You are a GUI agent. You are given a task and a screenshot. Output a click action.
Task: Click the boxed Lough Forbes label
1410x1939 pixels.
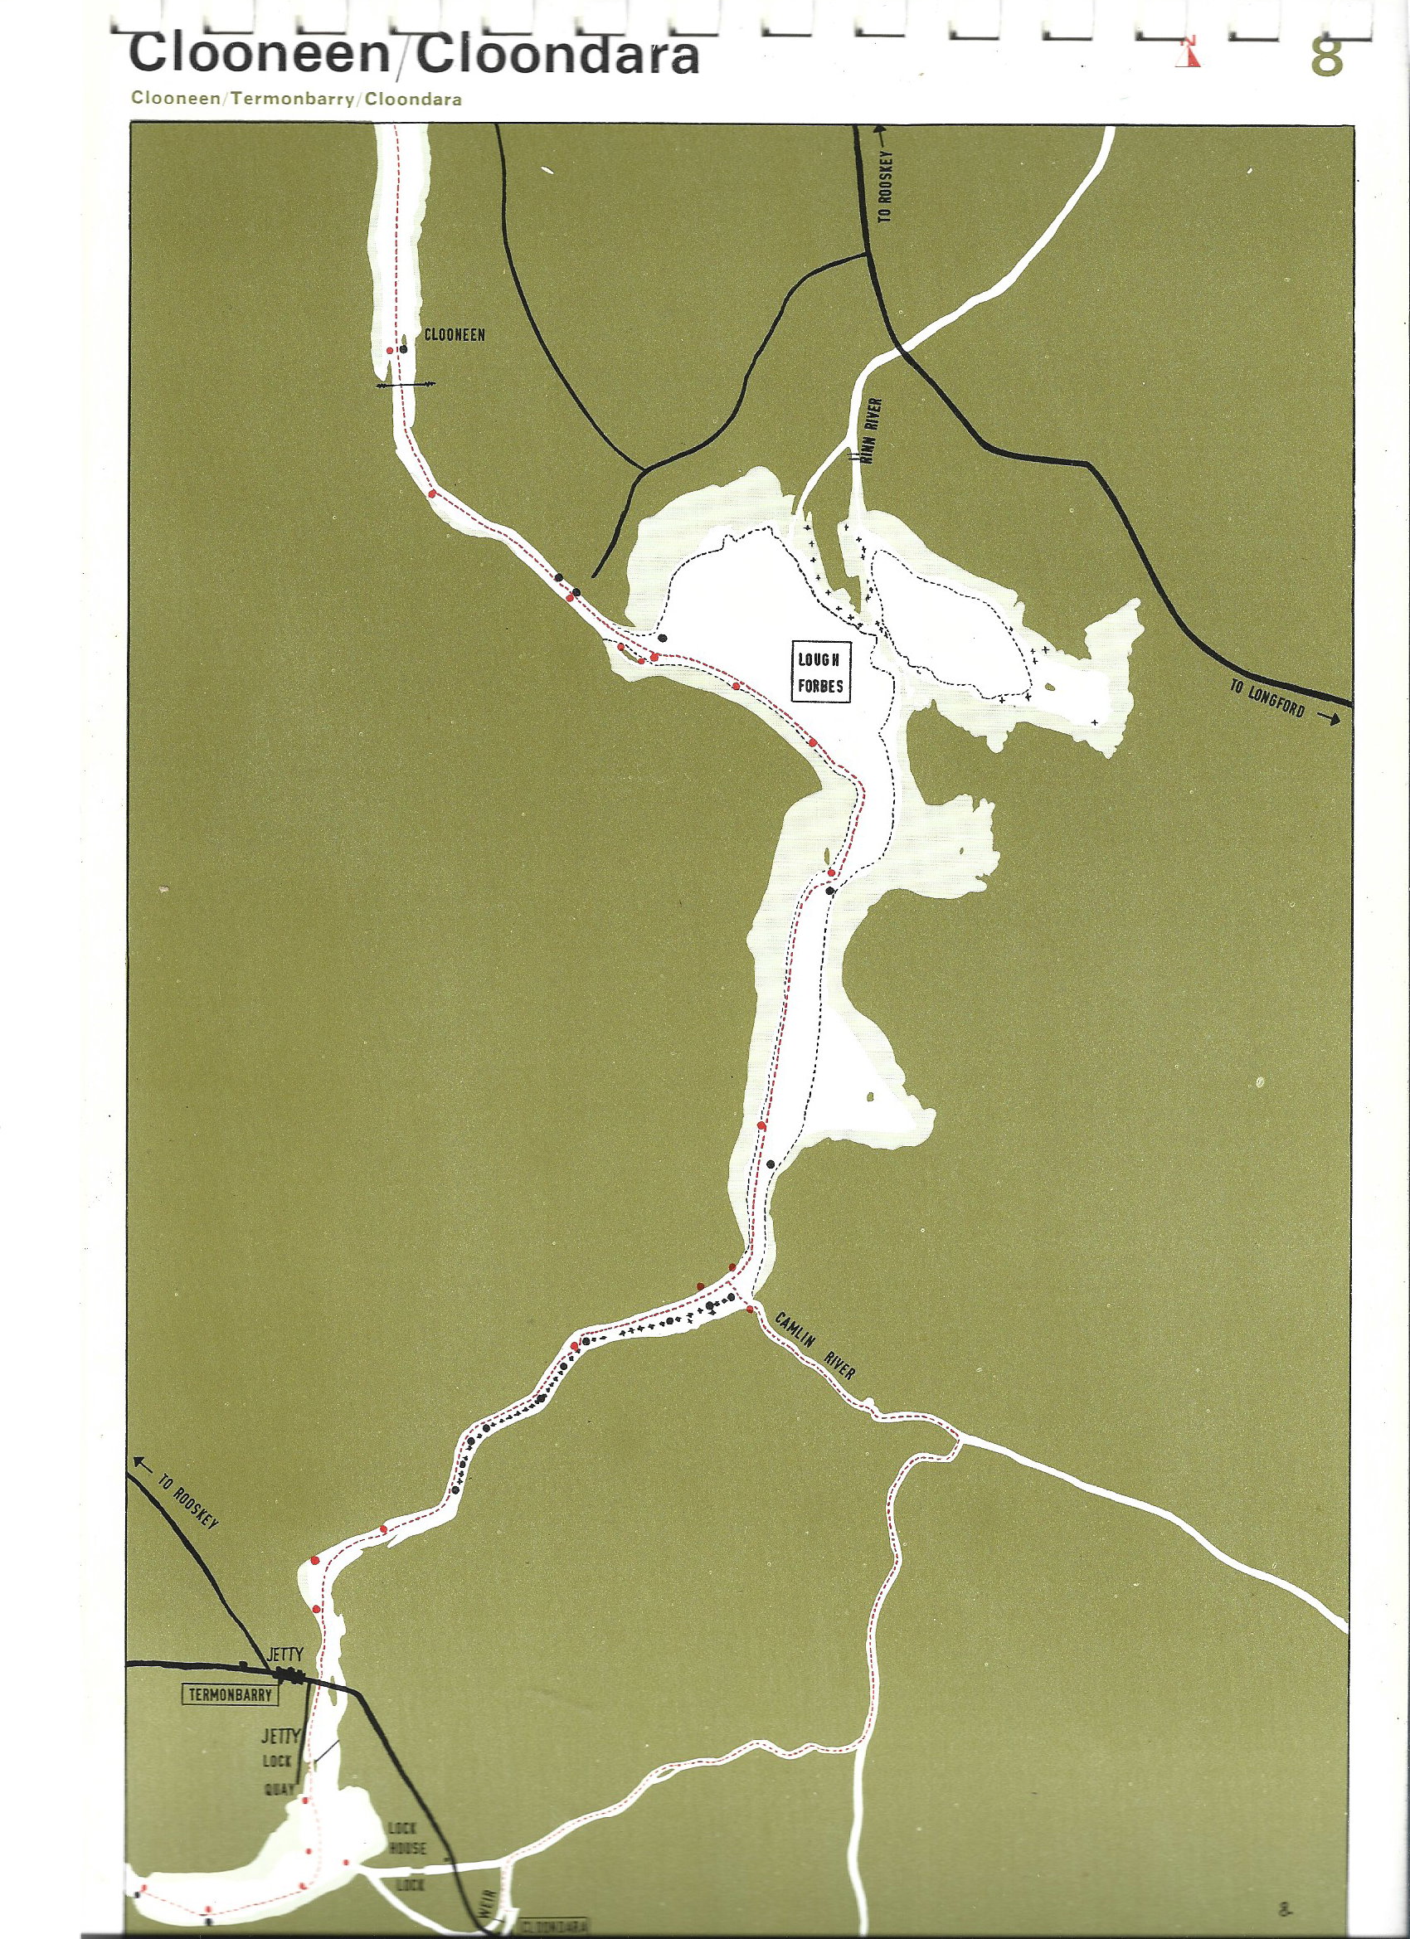pyautogui.click(x=820, y=672)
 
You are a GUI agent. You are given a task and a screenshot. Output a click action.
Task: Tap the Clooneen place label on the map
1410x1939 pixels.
pyautogui.click(x=454, y=335)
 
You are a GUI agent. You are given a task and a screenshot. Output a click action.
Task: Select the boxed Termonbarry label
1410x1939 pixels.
pyautogui.click(x=229, y=1694)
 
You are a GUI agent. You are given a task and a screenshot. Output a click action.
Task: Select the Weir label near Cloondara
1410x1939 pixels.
pyautogui.click(x=487, y=1904)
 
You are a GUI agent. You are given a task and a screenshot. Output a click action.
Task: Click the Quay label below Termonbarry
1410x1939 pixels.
pyautogui.click(x=279, y=1789)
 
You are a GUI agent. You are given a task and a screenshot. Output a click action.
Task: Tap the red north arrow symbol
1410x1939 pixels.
pyautogui.click(x=1189, y=53)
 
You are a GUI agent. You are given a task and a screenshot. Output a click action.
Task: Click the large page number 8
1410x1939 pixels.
pyautogui.click(x=1325, y=56)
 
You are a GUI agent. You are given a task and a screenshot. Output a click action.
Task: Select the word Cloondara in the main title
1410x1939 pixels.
pyautogui.click(x=557, y=56)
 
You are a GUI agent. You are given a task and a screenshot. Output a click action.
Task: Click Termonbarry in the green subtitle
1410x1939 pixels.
pyautogui.click(x=293, y=100)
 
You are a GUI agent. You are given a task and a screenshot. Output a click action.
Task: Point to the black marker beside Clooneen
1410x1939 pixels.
pyautogui.click(x=403, y=349)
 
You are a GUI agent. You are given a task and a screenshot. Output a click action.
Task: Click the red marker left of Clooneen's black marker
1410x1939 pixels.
pyautogui.click(x=390, y=351)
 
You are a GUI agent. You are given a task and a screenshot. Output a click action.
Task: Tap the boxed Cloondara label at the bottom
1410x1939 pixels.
pyautogui.click(x=553, y=1927)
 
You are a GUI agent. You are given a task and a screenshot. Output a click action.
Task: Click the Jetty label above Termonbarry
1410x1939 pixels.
pyautogui.click(x=284, y=1655)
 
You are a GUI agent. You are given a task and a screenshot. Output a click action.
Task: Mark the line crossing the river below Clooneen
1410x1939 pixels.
pyautogui.click(x=406, y=385)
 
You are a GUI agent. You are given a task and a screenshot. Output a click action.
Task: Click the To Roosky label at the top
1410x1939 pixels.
pyautogui.click(x=885, y=187)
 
